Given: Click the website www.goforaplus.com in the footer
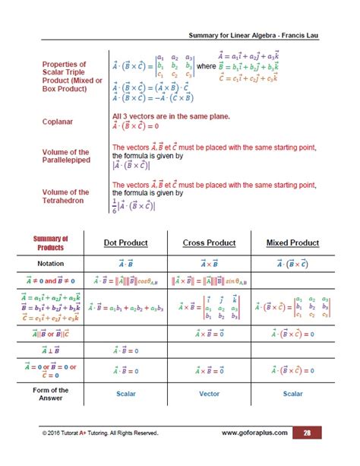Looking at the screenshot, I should [x=255, y=433].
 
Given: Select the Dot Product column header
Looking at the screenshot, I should [x=125, y=243].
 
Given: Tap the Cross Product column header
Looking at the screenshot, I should [x=209, y=243].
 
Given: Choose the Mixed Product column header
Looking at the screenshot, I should [x=292, y=243].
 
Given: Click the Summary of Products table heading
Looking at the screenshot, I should [x=50, y=243].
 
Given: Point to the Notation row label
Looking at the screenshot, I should [x=50, y=262].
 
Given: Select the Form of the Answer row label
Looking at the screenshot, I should [x=50, y=394].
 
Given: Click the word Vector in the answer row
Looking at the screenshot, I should [x=209, y=394].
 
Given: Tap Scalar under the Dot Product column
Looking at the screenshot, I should [x=125, y=394].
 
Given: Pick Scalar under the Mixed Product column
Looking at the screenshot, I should [x=292, y=394].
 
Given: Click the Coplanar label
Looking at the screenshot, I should [x=58, y=120].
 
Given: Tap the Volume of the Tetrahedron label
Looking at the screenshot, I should [x=65, y=197].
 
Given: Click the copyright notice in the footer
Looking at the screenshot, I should [x=100, y=433].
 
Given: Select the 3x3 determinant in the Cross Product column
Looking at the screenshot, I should [x=226, y=308].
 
